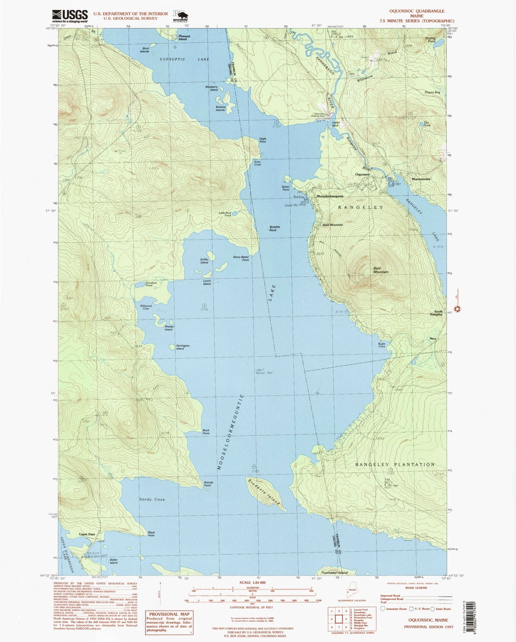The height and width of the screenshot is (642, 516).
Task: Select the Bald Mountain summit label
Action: pyautogui.click(x=381, y=270)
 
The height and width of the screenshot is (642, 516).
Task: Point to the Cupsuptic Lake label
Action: pyautogui.click(x=184, y=59)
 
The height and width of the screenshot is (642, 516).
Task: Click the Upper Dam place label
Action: pyautogui.click(x=87, y=534)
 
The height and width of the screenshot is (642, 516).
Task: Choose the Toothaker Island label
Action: pyautogui.click(x=334, y=572)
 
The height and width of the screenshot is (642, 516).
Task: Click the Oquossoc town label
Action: pyautogui.click(x=363, y=175)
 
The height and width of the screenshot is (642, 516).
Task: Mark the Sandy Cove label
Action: pyautogui.click(x=152, y=499)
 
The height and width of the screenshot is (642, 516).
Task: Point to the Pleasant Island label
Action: pyautogui.click(x=183, y=37)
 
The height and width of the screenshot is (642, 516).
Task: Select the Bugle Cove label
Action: pyautogui.click(x=381, y=345)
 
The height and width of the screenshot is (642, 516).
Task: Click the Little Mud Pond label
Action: pyautogui.click(x=225, y=214)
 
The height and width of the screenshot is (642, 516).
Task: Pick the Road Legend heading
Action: pyautogui.click(x=417, y=588)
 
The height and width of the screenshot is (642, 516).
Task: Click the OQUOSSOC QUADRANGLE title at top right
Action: pyautogui.click(x=417, y=11)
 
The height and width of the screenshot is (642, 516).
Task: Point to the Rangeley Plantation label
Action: pyautogui.click(x=395, y=464)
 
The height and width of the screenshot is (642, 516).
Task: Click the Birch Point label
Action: pyautogui.click(x=206, y=432)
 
